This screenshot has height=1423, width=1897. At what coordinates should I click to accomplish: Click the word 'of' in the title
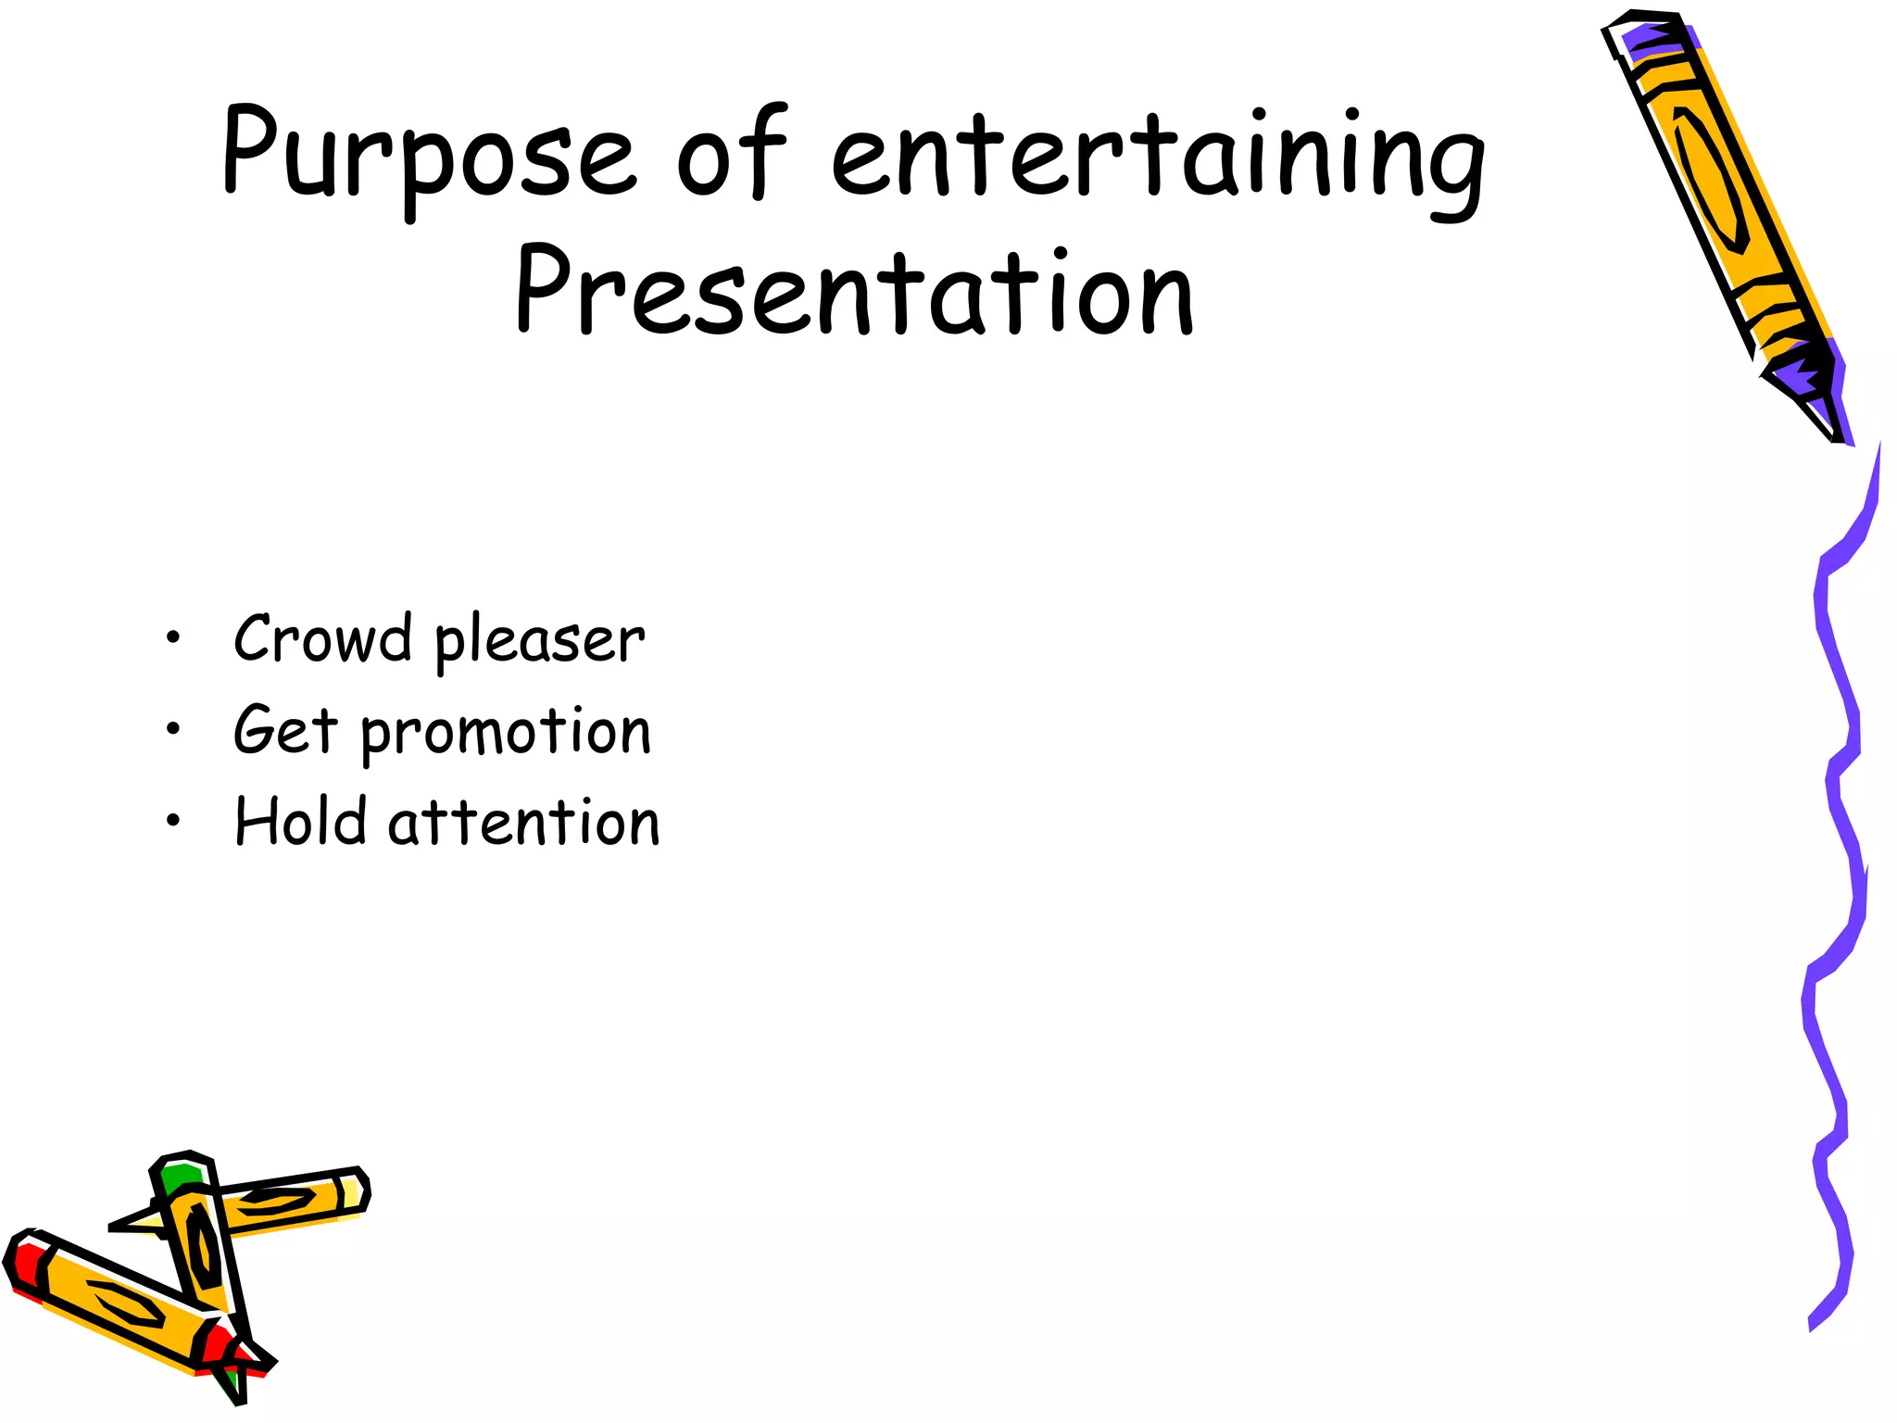click(x=732, y=153)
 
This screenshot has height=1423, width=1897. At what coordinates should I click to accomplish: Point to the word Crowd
click(x=322, y=638)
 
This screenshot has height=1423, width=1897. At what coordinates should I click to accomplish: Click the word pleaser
click(x=539, y=642)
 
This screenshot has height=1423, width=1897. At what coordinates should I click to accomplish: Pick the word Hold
click(x=300, y=822)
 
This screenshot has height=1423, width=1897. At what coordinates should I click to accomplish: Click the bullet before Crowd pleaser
click(x=172, y=637)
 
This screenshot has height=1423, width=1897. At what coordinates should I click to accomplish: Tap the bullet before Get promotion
click(x=172, y=729)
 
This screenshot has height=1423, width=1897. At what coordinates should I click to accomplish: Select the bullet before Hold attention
click(x=172, y=820)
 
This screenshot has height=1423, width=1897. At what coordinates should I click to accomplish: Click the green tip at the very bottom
click(x=232, y=1386)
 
